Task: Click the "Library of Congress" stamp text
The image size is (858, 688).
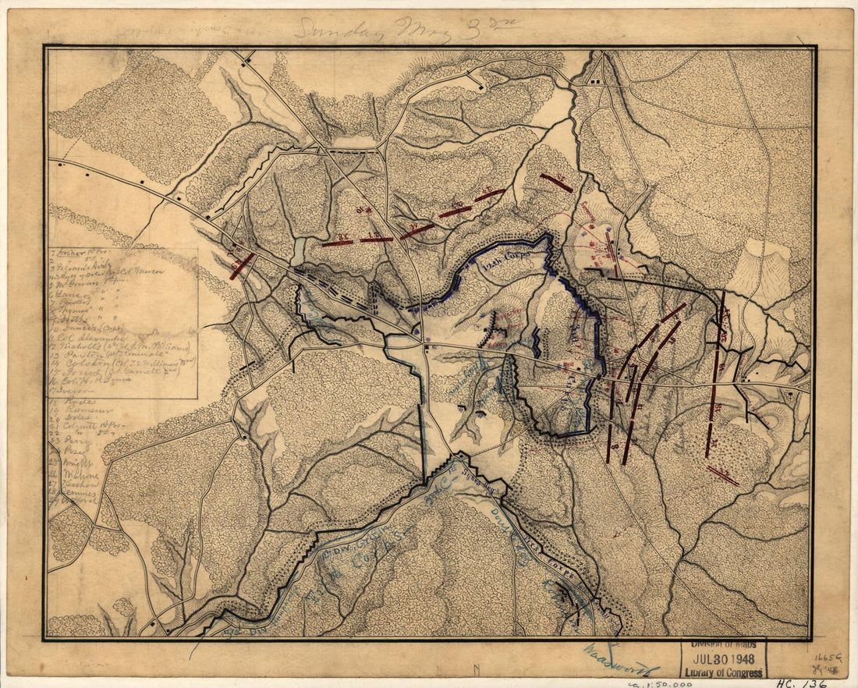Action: pos(723,672)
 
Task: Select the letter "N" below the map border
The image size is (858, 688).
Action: pos(476,668)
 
